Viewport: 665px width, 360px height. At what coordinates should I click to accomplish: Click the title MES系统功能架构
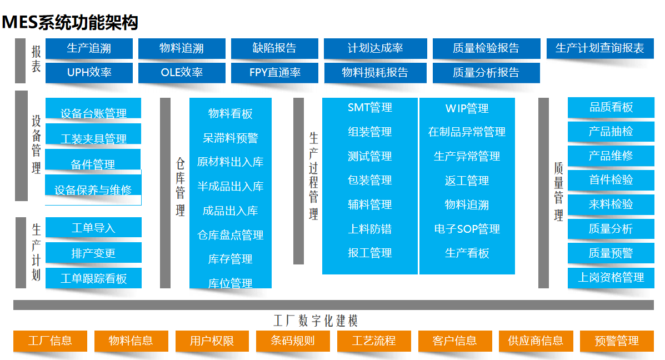(70, 23)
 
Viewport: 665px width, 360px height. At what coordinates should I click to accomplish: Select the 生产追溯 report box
(89, 48)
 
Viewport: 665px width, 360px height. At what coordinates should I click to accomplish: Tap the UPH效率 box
(89, 72)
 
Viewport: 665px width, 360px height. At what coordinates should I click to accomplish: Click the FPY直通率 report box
(274, 72)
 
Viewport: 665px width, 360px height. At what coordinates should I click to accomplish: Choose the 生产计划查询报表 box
(600, 48)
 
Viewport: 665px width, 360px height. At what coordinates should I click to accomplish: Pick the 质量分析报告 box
(486, 72)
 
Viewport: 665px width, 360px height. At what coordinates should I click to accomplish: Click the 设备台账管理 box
(93, 113)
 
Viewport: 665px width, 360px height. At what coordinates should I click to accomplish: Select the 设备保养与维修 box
(93, 190)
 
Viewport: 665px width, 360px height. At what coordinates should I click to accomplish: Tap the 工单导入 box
(93, 228)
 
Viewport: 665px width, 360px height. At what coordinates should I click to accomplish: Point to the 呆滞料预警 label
(231, 138)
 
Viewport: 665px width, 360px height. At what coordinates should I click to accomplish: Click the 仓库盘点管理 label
(231, 235)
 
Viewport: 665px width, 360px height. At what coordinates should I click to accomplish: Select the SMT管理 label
(370, 108)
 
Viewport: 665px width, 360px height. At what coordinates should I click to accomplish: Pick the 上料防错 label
(370, 228)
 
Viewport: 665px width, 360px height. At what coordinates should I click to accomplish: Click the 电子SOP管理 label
(467, 228)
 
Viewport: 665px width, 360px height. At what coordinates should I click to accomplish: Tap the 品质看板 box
(611, 107)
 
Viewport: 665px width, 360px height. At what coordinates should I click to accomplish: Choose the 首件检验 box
(611, 180)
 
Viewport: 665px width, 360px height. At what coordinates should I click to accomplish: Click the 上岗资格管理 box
(611, 277)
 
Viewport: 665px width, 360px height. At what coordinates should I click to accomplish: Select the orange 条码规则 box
(293, 341)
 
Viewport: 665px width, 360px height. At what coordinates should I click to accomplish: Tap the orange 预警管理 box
(617, 341)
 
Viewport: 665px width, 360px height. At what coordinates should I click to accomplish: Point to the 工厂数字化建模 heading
(316, 321)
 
